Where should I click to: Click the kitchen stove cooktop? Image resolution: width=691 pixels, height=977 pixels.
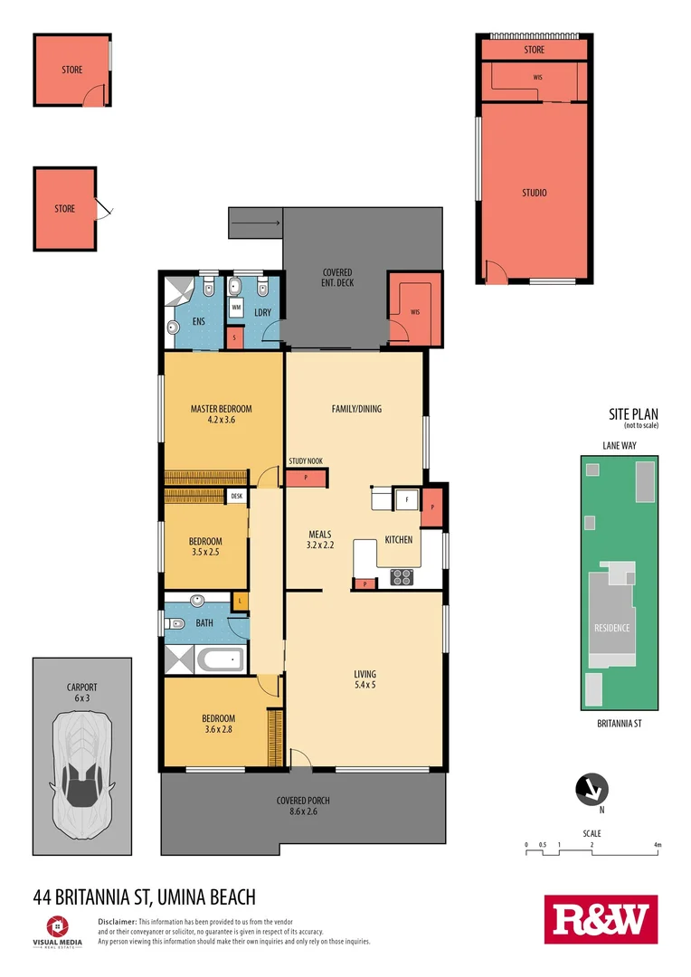(402, 576)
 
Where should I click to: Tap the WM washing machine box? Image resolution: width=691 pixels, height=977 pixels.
(236, 308)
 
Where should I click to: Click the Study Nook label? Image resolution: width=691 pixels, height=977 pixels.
(306, 461)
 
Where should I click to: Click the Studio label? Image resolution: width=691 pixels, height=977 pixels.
(534, 193)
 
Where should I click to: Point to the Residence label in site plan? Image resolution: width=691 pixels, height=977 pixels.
(611, 628)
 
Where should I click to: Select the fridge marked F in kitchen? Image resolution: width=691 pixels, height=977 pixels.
(408, 498)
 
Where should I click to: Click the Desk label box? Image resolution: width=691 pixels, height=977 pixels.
(237, 496)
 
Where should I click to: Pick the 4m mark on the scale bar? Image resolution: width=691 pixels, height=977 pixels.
(658, 845)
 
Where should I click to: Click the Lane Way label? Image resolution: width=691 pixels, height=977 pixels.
(619, 445)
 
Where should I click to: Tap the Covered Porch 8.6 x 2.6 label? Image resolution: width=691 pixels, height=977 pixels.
(303, 806)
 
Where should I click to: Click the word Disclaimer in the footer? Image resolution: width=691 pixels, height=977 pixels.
(116, 921)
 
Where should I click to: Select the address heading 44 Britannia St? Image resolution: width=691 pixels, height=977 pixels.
(144, 896)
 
